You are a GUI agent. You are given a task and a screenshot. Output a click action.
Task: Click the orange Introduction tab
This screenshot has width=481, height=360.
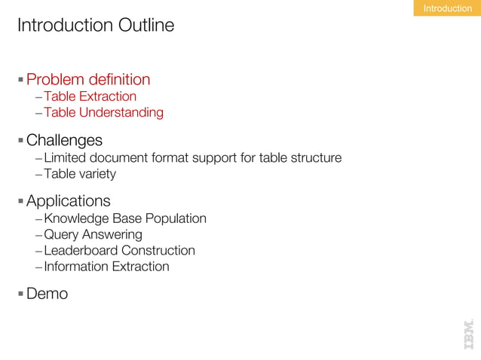click(447, 8)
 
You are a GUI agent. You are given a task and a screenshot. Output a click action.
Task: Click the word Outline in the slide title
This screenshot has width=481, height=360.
click(146, 26)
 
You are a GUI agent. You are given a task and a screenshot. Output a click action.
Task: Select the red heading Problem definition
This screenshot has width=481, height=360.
click(88, 79)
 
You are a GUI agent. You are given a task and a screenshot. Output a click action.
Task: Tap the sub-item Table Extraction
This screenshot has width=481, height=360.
click(90, 96)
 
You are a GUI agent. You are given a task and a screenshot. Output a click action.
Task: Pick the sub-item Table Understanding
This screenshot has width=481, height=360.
click(103, 113)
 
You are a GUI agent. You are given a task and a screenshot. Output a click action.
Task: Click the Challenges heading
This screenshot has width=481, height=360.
click(64, 141)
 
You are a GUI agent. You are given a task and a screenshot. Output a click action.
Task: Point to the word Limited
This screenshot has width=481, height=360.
click(66, 158)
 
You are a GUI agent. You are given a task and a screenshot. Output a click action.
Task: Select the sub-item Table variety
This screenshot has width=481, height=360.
click(80, 175)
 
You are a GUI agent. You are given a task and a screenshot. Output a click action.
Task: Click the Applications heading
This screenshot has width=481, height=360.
click(69, 201)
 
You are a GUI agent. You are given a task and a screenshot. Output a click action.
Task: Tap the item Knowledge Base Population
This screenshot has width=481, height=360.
click(124, 218)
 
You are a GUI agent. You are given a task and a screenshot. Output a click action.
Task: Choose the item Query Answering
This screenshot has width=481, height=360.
click(93, 234)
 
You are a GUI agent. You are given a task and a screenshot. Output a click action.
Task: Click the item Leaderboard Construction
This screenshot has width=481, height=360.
click(119, 250)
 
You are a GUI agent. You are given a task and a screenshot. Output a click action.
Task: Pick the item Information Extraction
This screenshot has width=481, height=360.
click(106, 267)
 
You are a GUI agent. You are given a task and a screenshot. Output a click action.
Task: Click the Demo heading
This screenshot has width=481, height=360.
click(47, 294)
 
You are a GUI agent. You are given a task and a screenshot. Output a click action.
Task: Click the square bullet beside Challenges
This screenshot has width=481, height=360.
click(21, 141)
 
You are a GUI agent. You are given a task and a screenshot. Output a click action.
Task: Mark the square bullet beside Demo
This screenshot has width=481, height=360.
click(21, 294)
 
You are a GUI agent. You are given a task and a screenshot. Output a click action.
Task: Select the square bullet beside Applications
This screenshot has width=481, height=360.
click(21, 201)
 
